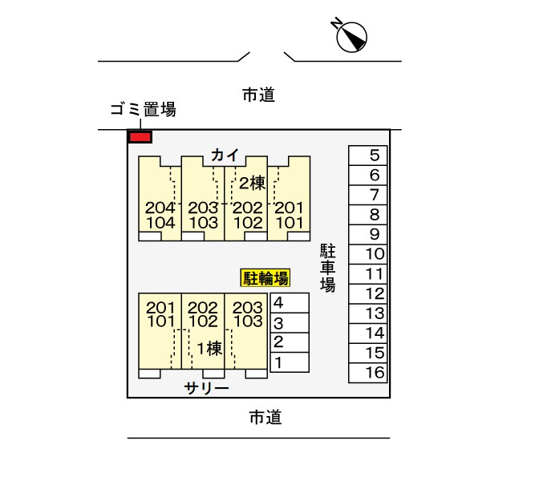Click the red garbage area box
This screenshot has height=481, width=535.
pos(140,137)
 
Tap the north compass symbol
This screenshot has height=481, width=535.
pos(351,36)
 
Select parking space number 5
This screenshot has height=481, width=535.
pos(368,156)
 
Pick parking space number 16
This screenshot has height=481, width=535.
pos(368,373)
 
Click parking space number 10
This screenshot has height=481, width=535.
pos(368,254)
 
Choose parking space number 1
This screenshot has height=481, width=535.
pos(290,362)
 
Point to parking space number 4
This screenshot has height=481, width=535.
pos(290,303)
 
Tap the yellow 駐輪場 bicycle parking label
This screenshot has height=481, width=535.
pos(265,277)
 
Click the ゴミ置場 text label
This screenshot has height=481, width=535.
pos(144,110)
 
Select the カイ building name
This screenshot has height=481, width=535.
pos(225,156)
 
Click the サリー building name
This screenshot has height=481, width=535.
pos(206,388)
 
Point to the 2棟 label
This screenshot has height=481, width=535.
pos(252,184)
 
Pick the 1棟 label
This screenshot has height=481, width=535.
pos(210,348)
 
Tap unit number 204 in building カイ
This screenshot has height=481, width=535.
pos(160,208)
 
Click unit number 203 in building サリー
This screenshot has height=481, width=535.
pos(248,308)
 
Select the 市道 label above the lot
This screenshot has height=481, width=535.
pos(258,95)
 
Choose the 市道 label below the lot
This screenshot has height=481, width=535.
pos(265,418)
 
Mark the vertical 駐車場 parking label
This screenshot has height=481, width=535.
pos(327,268)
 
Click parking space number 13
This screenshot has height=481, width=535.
pos(368,313)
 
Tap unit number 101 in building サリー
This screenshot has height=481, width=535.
pos(160,321)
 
